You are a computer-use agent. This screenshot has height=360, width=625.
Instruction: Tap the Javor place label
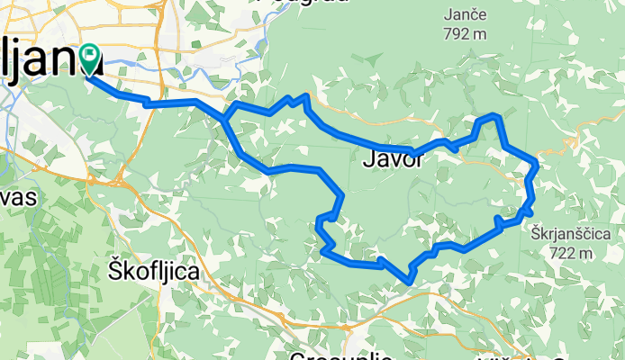click(x=392, y=160)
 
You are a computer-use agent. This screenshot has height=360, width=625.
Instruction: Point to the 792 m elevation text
click(x=465, y=34)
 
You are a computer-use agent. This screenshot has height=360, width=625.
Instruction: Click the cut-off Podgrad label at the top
click(x=303, y=3)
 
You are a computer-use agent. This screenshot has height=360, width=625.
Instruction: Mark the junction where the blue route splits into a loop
click(x=226, y=119)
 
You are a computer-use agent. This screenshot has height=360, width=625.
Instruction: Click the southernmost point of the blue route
click(x=411, y=280)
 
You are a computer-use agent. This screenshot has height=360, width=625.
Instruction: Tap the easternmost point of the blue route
click(x=537, y=166)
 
